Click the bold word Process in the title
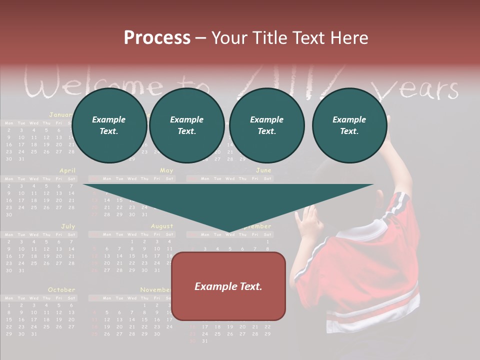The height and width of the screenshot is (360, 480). coord(157,37)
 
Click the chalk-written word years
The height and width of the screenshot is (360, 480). coord(418,90)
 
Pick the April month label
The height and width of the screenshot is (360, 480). coord(67,170)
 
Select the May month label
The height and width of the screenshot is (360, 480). coord(166,170)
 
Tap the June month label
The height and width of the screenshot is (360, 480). coord(263,170)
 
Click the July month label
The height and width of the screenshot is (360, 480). coord(68,226)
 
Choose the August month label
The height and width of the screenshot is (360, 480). coord(162,226)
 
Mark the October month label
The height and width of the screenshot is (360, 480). coord(61,290)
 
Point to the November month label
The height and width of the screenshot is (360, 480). coord(155,290)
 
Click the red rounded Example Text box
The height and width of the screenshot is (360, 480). coord(228,286)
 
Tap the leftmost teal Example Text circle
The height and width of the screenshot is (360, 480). coord(109,125)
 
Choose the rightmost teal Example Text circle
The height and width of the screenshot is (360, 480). coord(349,125)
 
